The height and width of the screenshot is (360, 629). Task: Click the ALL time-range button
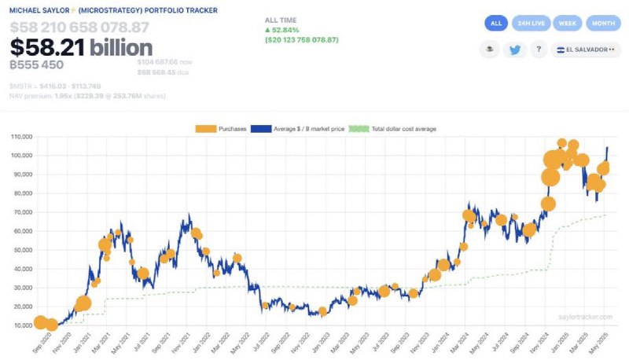coord(495,24)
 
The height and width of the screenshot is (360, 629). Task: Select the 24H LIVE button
coord(531,24)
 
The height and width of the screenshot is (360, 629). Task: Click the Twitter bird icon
coord(515,50)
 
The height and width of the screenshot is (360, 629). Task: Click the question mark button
coord(539,50)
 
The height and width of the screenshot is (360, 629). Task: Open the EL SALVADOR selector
coord(584,50)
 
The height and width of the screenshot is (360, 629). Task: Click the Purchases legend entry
coord(223,128)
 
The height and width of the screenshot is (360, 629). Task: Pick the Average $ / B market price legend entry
coord(296,128)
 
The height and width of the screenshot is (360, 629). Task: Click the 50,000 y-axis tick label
coord(20,250)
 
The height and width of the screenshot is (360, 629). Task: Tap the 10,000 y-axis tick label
coord(20,325)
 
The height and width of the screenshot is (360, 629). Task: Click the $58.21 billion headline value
coord(81,48)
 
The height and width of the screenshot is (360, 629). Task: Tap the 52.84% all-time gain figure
coord(288,30)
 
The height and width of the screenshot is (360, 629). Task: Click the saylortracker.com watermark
coord(583,317)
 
